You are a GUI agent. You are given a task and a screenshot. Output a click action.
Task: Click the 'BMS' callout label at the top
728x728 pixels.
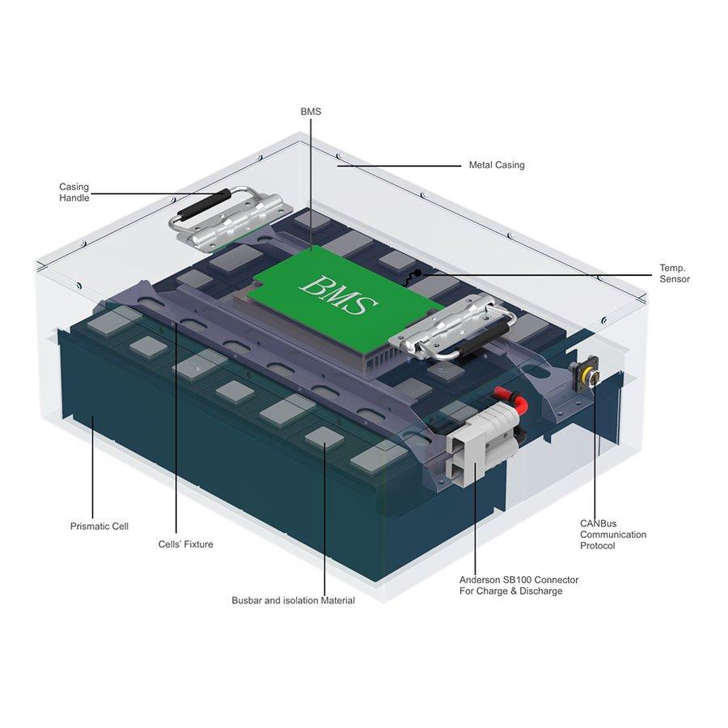click(x=311, y=112)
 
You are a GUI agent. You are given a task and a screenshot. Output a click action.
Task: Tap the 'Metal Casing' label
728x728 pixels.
click(x=497, y=165)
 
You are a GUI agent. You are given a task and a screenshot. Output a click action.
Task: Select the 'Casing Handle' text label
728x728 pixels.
click(x=74, y=193)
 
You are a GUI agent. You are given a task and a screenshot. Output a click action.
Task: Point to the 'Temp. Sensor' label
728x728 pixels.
click(x=675, y=273)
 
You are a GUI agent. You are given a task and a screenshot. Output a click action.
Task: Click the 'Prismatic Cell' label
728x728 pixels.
click(x=99, y=526)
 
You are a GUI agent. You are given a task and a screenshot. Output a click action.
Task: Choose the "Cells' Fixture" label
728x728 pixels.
click(x=186, y=544)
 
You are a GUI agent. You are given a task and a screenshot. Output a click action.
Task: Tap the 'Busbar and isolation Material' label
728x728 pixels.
click(x=293, y=600)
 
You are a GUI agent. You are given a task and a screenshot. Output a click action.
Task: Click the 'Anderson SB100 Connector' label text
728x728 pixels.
click(x=518, y=580)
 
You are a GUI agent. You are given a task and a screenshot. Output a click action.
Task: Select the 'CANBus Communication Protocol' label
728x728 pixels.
click(x=613, y=535)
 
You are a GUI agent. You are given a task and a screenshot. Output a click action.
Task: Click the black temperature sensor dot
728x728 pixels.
click(x=417, y=273)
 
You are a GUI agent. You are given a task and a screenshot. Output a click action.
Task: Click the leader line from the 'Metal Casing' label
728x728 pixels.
click(x=400, y=166)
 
